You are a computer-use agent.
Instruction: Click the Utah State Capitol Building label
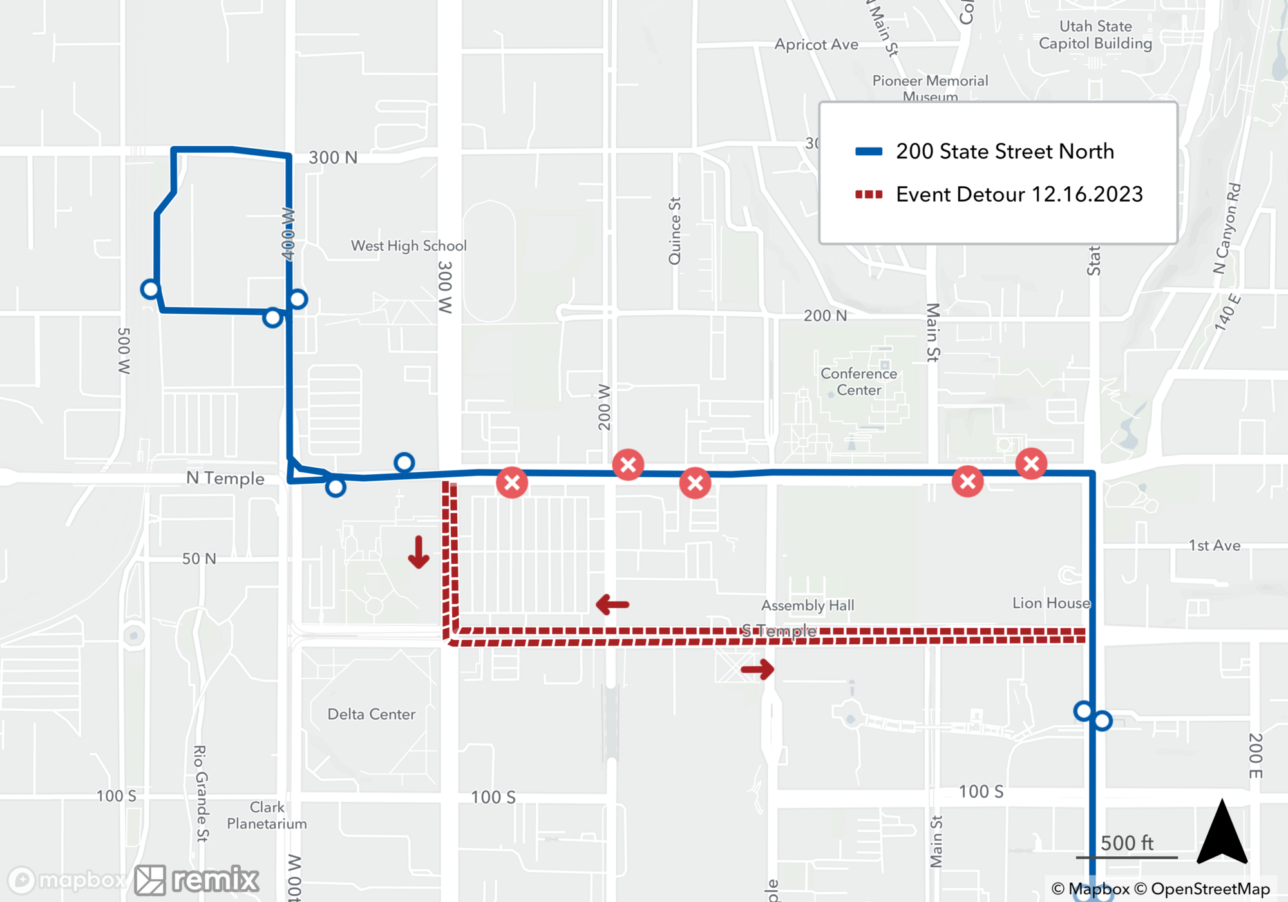pyautogui.click(x=1095, y=35)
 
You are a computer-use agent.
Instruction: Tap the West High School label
pyautogui.click(x=408, y=245)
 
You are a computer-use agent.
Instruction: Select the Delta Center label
pyautogui.click(x=371, y=714)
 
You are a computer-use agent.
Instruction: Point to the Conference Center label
pyautogui.click(x=858, y=381)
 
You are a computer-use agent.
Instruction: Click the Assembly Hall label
pyautogui.click(x=807, y=605)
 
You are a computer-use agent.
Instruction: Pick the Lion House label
pyautogui.click(x=1051, y=603)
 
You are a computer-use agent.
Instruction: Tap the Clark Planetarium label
pyautogui.click(x=267, y=815)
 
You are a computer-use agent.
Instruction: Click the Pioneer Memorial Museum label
pyautogui.click(x=929, y=88)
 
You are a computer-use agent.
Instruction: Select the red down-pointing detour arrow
pyautogui.click(x=419, y=552)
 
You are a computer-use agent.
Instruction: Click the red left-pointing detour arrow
pyautogui.click(x=612, y=604)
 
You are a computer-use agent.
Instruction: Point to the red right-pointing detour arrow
pyautogui.click(x=757, y=669)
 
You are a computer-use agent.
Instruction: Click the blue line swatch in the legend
pyautogui.click(x=868, y=151)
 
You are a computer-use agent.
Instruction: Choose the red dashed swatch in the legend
pyautogui.click(x=868, y=194)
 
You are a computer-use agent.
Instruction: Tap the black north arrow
pyautogui.click(x=1222, y=833)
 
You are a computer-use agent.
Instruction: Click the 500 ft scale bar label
pyautogui.click(x=1126, y=843)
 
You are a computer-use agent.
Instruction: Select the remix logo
pyautogui.click(x=198, y=879)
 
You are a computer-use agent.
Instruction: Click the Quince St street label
pyautogui.click(x=674, y=231)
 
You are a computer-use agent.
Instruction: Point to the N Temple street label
pyautogui.click(x=225, y=478)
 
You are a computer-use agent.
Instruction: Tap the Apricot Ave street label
pyautogui.click(x=816, y=44)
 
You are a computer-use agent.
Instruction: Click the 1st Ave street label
pyautogui.click(x=1214, y=546)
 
